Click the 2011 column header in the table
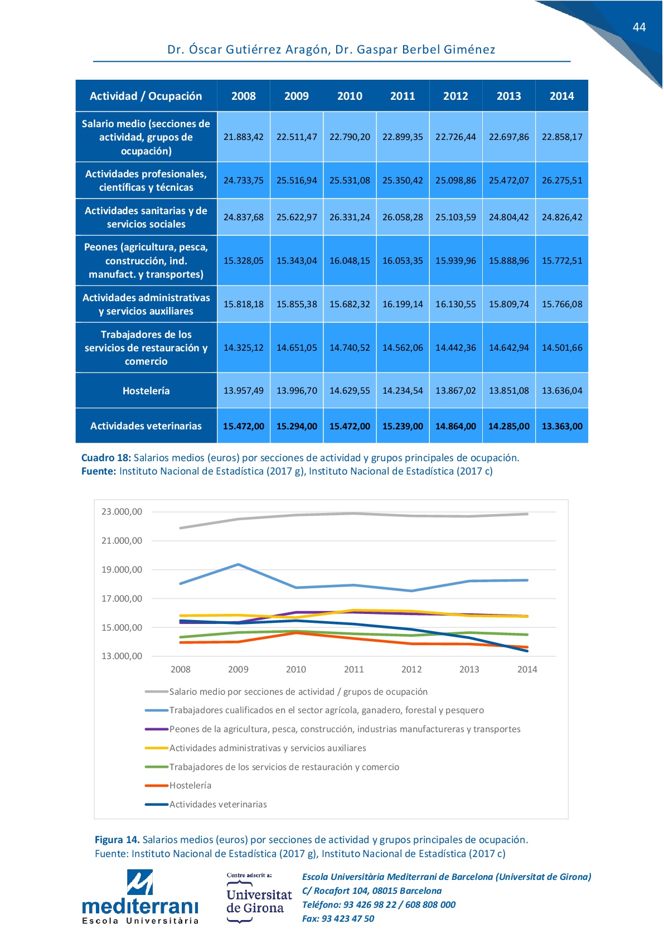point(403,96)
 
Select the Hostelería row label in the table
point(146,391)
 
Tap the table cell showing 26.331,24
point(350,217)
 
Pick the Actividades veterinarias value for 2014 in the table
point(562,427)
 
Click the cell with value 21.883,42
point(244,137)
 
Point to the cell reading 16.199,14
point(403,304)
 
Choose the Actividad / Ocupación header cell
point(146,96)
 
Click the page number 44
point(639,27)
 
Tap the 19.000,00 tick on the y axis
point(122,570)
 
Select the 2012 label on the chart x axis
point(411,670)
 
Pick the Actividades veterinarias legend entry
point(206,804)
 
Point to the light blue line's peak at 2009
point(238,564)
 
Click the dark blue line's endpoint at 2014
point(527,651)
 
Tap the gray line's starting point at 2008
point(180,528)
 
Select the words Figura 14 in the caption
point(117,840)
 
